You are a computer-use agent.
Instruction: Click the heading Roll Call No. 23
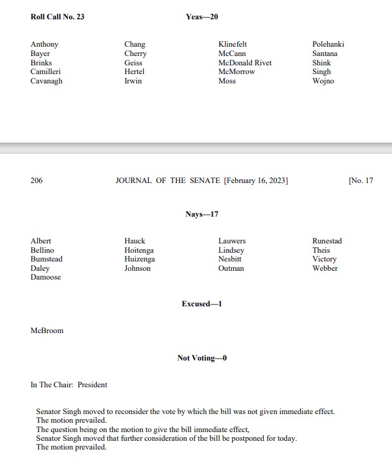click(57, 17)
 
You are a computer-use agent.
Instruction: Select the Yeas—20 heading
click(202, 17)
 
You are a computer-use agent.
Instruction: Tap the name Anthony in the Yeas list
click(44, 44)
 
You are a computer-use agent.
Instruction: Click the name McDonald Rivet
click(245, 63)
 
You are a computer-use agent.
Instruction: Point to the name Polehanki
click(328, 44)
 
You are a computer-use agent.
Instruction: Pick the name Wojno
click(323, 81)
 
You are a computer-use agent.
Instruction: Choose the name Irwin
click(133, 81)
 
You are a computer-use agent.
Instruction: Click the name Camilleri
click(45, 72)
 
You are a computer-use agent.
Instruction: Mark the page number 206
click(37, 181)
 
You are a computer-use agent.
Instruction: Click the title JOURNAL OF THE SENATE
click(168, 181)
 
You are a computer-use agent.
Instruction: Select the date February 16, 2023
click(255, 181)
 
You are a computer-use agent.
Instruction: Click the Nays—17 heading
click(202, 214)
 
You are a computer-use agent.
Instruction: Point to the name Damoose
click(46, 277)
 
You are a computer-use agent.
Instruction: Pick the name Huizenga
click(139, 259)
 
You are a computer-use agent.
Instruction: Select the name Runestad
click(327, 241)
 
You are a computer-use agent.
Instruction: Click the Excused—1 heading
click(202, 304)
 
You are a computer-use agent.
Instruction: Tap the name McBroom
click(47, 331)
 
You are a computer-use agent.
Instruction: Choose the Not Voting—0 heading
click(202, 358)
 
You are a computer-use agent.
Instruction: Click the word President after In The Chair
click(92, 385)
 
